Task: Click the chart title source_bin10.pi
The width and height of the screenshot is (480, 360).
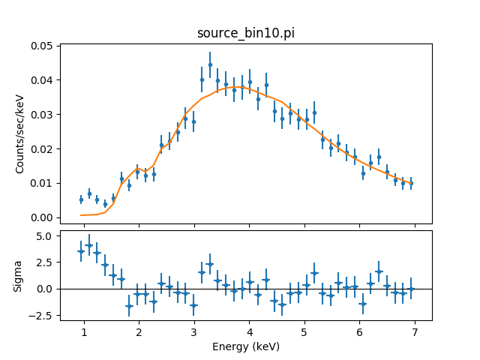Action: [245, 34]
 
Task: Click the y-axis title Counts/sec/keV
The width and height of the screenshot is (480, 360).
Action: [21, 133]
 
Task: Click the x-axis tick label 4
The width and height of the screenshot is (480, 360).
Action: [249, 332]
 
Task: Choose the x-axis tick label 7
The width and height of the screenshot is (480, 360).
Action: [414, 332]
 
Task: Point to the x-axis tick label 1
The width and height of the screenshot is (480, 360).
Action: [84, 332]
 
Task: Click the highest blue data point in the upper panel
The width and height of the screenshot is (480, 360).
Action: [210, 65]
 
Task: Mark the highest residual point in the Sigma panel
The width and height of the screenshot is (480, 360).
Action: [89, 245]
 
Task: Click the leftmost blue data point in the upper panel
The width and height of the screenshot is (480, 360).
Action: [81, 199]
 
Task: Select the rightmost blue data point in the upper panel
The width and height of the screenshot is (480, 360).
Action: [411, 183]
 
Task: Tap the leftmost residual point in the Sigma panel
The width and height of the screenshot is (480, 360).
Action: [81, 251]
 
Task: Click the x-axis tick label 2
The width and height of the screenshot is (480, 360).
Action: [139, 332]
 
